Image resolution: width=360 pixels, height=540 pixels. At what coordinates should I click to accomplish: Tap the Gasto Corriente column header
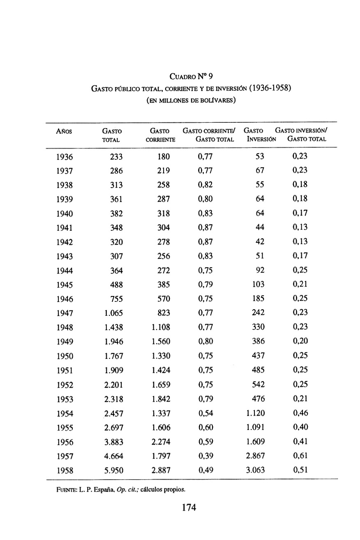(x=160, y=135)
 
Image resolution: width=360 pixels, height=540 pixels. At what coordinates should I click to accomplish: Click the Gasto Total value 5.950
(x=114, y=470)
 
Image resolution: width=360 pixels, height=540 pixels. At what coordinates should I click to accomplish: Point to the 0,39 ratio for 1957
(x=205, y=456)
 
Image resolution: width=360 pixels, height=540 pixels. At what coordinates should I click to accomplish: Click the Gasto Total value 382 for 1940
(x=116, y=214)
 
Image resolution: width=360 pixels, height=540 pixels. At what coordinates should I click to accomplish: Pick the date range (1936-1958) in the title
(x=264, y=88)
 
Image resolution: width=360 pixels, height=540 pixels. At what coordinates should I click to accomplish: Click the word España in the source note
(x=104, y=489)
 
